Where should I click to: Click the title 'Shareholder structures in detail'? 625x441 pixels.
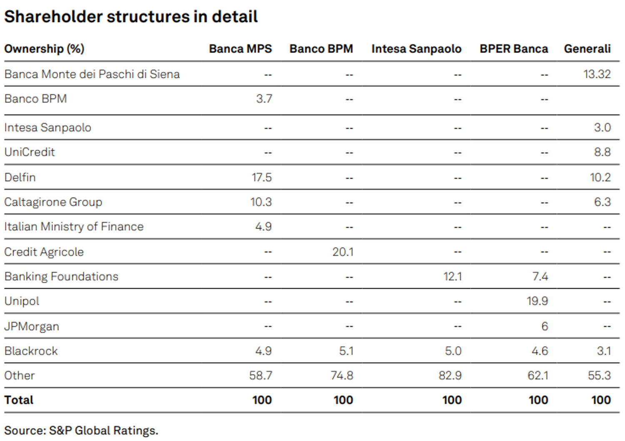click(x=131, y=17)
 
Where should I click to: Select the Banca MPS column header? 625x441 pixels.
click(x=240, y=49)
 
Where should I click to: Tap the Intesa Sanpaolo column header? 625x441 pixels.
click(x=416, y=49)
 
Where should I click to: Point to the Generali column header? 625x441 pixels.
click(x=587, y=49)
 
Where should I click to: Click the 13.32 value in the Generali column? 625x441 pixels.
click(x=597, y=74)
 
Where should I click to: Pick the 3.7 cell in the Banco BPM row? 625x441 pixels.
click(x=264, y=99)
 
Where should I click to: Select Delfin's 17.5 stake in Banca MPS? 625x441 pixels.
click(x=261, y=177)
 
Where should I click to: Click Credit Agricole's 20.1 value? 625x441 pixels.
click(x=342, y=252)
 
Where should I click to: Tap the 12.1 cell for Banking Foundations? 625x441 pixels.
click(x=452, y=277)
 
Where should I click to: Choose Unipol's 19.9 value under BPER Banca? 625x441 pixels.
click(x=537, y=301)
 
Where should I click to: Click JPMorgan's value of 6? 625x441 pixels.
click(x=545, y=326)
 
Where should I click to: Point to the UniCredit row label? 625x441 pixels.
click(x=30, y=152)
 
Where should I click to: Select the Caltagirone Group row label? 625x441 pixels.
click(x=53, y=202)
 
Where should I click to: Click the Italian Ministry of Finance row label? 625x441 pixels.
click(x=74, y=227)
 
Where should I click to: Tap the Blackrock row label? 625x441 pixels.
click(x=31, y=351)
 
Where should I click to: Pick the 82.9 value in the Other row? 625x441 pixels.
click(x=450, y=376)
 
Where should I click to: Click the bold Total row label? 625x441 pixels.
click(x=19, y=400)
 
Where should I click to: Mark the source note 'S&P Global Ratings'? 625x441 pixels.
click(x=103, y=431)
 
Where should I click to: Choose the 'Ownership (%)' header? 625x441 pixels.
click(x=44, y=49)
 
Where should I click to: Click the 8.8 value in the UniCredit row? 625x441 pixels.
click(x=602, y=152)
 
